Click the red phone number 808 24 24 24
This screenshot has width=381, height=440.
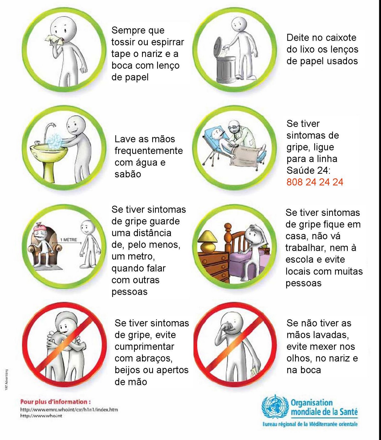tap(315, 182)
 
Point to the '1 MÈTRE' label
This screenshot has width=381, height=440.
tap(69, 240)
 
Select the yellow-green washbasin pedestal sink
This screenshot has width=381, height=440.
tap(49, 159)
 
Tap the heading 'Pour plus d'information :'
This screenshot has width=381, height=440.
tap(55, 402)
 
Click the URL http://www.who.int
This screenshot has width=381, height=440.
tap(41, 416)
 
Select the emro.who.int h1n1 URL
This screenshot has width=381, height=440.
tap(69, 409)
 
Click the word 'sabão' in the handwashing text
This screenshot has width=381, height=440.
tap(128, 174)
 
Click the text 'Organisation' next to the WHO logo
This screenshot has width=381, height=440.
tap(312, 403)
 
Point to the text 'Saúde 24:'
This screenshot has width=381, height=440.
tap(308, 170)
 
